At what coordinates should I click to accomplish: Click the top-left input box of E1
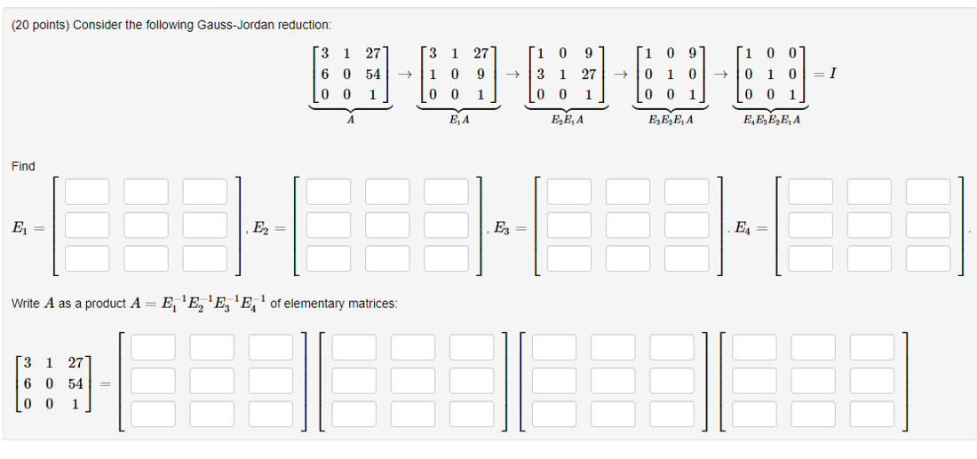coord(87,192)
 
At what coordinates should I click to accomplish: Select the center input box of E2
coord(386,226)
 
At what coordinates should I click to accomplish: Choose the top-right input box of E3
coord(687,192)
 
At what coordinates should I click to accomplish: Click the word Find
coord(24,166)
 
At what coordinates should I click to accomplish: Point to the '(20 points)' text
coord(39,24)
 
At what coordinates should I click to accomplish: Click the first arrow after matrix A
coord(403,75)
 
